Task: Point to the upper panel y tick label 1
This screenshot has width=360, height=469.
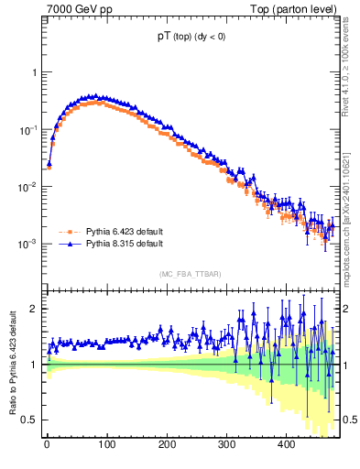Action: pos(35,72)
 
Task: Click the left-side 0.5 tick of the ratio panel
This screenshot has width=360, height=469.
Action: pos(31,420)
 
